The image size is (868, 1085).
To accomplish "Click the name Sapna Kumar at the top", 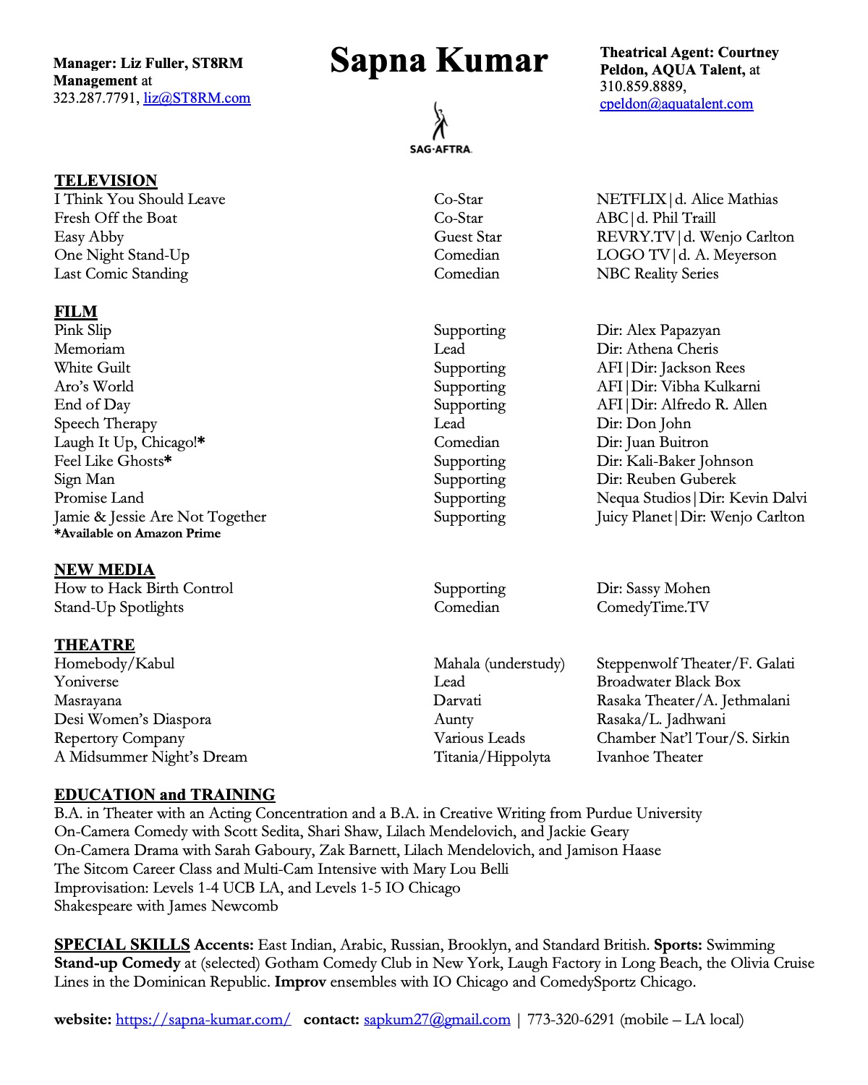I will [438, 61].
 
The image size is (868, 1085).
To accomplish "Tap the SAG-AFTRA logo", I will [440, 128].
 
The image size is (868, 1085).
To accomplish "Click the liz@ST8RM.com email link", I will [197, 98].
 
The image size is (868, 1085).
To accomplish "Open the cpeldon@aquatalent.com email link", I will [676, 104].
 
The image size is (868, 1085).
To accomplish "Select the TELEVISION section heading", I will [106, 181].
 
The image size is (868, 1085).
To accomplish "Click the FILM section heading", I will [75, 312].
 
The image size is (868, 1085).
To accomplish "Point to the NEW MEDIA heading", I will [104, 570].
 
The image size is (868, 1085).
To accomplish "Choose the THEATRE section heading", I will [94, 645].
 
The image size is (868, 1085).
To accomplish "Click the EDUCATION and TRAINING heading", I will [164, 795].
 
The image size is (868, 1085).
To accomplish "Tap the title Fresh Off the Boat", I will [115, 218].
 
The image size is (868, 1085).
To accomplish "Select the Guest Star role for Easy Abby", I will [467, 237].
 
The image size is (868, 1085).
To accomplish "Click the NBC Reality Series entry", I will [657, 274].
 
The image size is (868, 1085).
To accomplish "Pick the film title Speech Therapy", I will [105, 424].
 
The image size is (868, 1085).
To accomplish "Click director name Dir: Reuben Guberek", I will [665, 480].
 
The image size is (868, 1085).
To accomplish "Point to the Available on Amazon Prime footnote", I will [137, 534].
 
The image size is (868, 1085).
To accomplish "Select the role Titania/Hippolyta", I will [492, 757].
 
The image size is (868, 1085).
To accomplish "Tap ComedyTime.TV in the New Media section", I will [652, 608].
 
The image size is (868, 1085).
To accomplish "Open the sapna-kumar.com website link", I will [203, 1020].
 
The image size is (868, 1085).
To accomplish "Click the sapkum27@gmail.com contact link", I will [437, 1020].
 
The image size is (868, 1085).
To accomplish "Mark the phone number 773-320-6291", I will [571, 1020].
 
